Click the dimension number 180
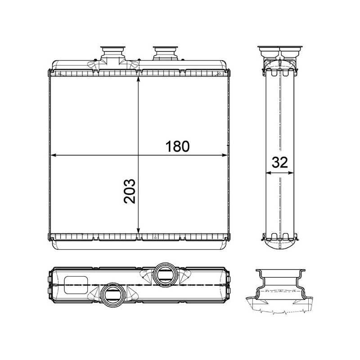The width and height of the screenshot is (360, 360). pyautogui.click(x=176, y=147)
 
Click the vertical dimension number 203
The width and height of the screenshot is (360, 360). pyautogui.click(x=129, y=191)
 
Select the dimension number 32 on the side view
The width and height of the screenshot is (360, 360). pyautogui.click(x=279, y=163)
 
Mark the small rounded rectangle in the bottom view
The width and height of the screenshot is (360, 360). pyautogui.click(x=76, y=284)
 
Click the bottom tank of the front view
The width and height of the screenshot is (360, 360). pyautogui.click(x=139, y=242)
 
